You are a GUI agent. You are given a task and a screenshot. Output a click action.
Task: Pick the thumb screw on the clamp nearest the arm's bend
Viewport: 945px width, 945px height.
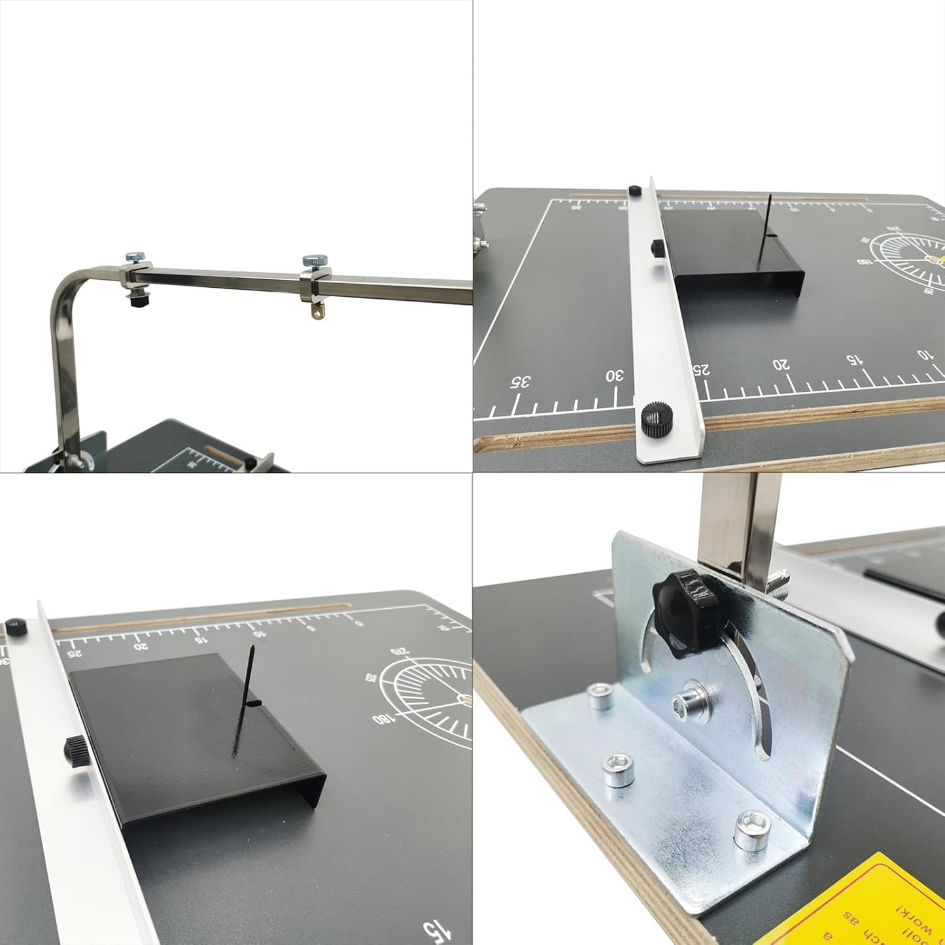pos(135,257)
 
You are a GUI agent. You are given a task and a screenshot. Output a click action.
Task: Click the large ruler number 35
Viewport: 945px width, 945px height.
pos(521,382)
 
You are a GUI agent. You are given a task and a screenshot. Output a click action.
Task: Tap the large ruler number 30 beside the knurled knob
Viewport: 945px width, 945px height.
pos(615,376)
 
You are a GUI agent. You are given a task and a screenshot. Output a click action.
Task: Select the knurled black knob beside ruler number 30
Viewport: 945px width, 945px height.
pos(653,419)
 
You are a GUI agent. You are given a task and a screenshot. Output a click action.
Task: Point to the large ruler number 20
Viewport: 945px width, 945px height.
pos(781,364)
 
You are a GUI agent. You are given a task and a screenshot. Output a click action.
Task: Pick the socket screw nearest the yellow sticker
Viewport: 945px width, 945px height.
pos(751,831)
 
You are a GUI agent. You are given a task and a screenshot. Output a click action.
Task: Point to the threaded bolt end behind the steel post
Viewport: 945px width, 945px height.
pos(779,579)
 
